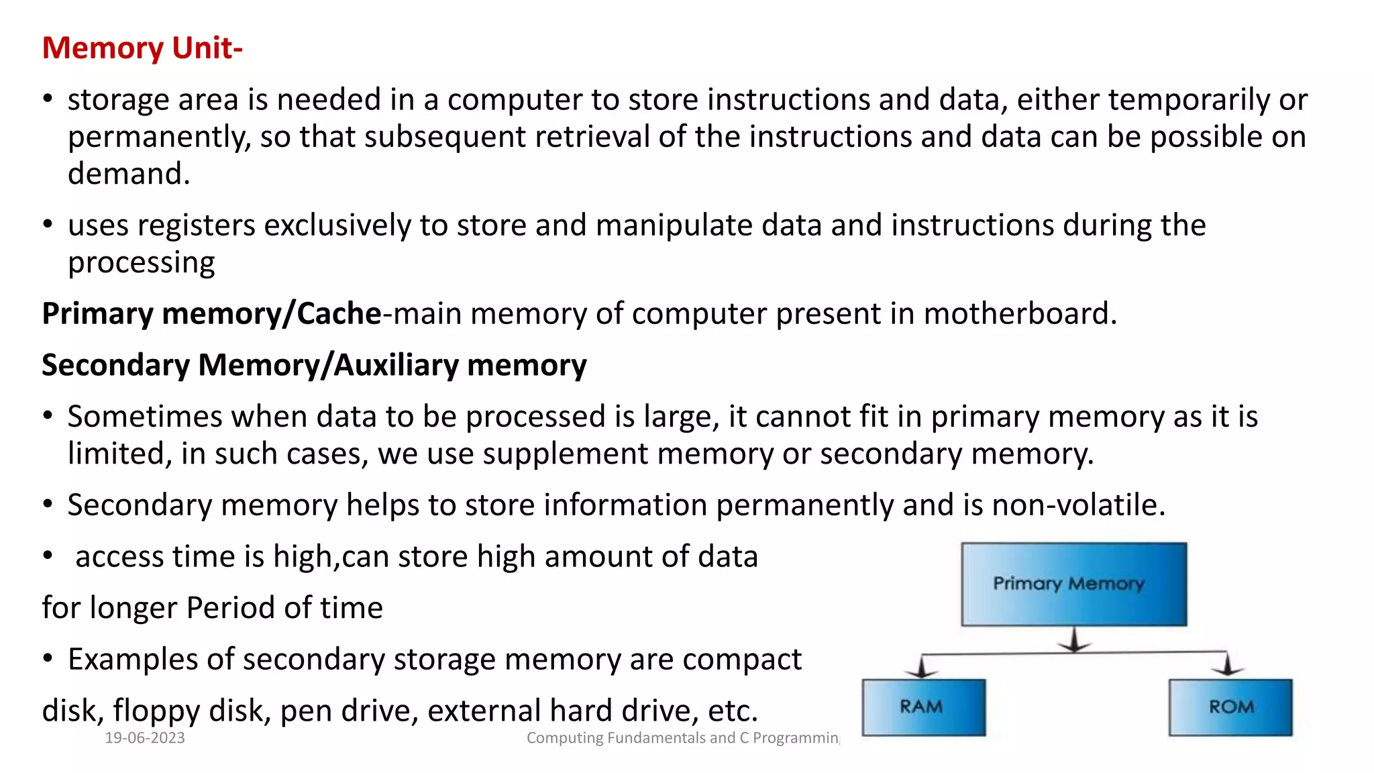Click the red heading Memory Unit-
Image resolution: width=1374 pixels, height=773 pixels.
tap(142, 48)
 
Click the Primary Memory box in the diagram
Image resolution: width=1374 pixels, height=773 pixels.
tap(1073, 584)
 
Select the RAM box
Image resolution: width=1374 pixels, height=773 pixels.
tap(923, 707)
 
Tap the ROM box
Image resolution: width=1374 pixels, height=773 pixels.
tap(1230, 707)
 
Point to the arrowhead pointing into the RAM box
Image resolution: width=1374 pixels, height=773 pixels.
tap(922, 669)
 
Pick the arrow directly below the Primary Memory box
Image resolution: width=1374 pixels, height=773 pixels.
tap(1074, 640)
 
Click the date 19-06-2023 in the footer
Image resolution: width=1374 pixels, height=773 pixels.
tap(145, 738)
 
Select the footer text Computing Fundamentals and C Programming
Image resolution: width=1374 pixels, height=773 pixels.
tap(682, 738)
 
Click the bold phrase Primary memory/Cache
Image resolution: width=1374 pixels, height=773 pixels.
tap(211, 314)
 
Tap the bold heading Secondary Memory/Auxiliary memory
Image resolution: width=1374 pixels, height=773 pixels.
tap(314, 366)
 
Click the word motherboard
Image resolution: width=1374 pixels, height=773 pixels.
tap(1020, 314)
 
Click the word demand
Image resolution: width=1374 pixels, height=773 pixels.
tap(129, 174)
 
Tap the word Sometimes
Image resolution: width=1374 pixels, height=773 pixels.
tap(145, 417)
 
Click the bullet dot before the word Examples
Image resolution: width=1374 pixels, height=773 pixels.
tap(48, 659)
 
